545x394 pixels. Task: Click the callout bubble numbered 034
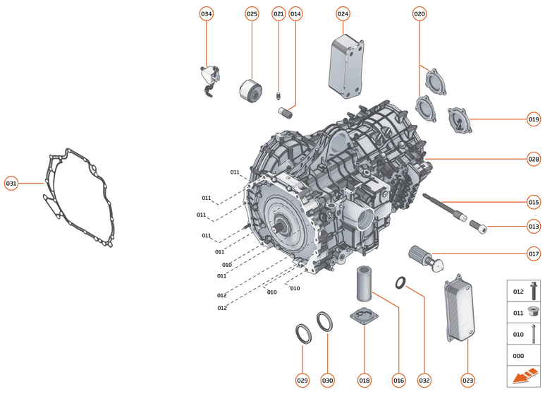coord(206,14)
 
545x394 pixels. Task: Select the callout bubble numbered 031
coord(11,183)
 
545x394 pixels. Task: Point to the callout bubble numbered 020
coord(420,14)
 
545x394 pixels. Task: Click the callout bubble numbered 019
coord(534,119)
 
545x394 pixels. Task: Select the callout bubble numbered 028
coord(534,159)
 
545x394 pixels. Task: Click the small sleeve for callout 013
coord(477,227)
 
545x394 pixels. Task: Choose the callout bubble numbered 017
coord(534,253)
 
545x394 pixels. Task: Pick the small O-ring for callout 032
coord(400,284)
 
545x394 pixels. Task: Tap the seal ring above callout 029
coord(302,334)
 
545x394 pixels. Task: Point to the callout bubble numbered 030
coord(328,381)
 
